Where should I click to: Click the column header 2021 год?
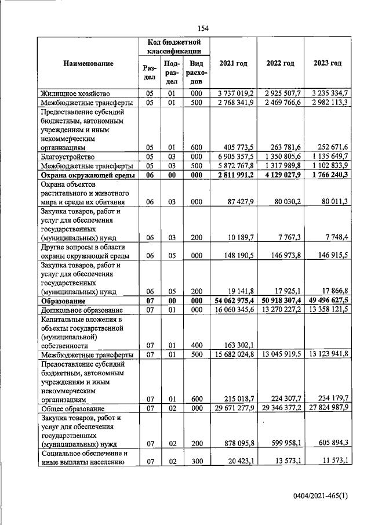click(233, 63)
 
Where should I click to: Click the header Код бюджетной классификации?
click(173, 46)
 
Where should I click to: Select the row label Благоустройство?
click(68, 156)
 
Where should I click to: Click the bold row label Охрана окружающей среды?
click(87, 175)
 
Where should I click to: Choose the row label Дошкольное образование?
click(79, 310)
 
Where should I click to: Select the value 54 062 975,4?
click(234, 301)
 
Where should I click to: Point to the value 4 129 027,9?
click(282, 175)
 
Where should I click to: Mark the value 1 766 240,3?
click(329, 175)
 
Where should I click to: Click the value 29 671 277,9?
click(234, 408)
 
